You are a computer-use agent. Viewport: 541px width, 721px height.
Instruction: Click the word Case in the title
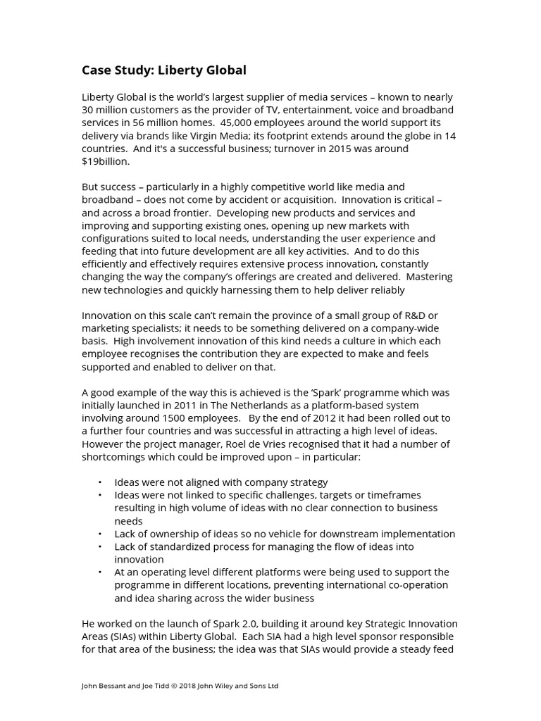click(x=97, y=70)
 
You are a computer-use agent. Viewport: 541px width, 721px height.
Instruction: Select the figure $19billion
click(x=106, y=161)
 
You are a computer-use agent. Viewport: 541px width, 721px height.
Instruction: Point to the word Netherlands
click(x=246, y=405)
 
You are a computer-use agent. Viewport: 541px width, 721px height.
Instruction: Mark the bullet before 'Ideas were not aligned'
click(x=100, y=482)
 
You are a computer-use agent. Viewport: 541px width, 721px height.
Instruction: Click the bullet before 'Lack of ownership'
click(x=100, y=534)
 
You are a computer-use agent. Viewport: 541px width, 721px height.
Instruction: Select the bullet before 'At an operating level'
click(x=100, y=572)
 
